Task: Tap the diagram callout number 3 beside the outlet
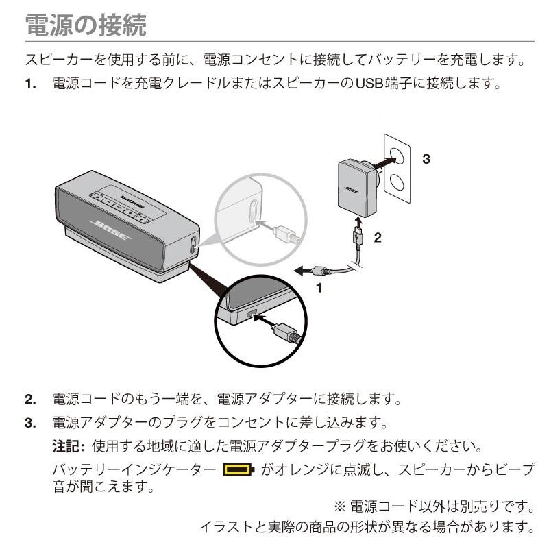point(426,159)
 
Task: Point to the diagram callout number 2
point(377,238)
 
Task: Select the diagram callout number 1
point(317,288)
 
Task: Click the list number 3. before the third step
point(31,424)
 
